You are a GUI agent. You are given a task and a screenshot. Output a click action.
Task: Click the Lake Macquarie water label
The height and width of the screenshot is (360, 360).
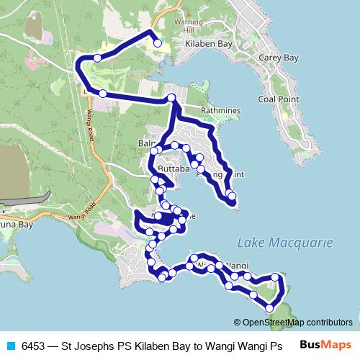coord(285,243)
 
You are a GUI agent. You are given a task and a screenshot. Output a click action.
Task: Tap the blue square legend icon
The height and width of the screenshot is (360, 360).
coord(11,346)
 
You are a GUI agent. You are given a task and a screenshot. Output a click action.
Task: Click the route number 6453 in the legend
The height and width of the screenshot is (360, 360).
coord(35,346)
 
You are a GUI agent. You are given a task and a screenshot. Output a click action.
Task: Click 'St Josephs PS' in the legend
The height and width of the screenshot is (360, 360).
coord(99,346)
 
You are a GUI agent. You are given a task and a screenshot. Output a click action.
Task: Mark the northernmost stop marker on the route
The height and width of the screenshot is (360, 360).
coord(158,42)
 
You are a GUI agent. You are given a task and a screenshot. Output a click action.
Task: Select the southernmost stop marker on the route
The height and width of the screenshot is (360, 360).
coord(269,308)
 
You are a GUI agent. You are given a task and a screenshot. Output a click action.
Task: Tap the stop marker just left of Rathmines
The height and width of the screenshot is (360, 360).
coord(171,98)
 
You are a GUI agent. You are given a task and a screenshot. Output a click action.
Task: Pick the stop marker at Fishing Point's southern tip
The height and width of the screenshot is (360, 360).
coord(231,195)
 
